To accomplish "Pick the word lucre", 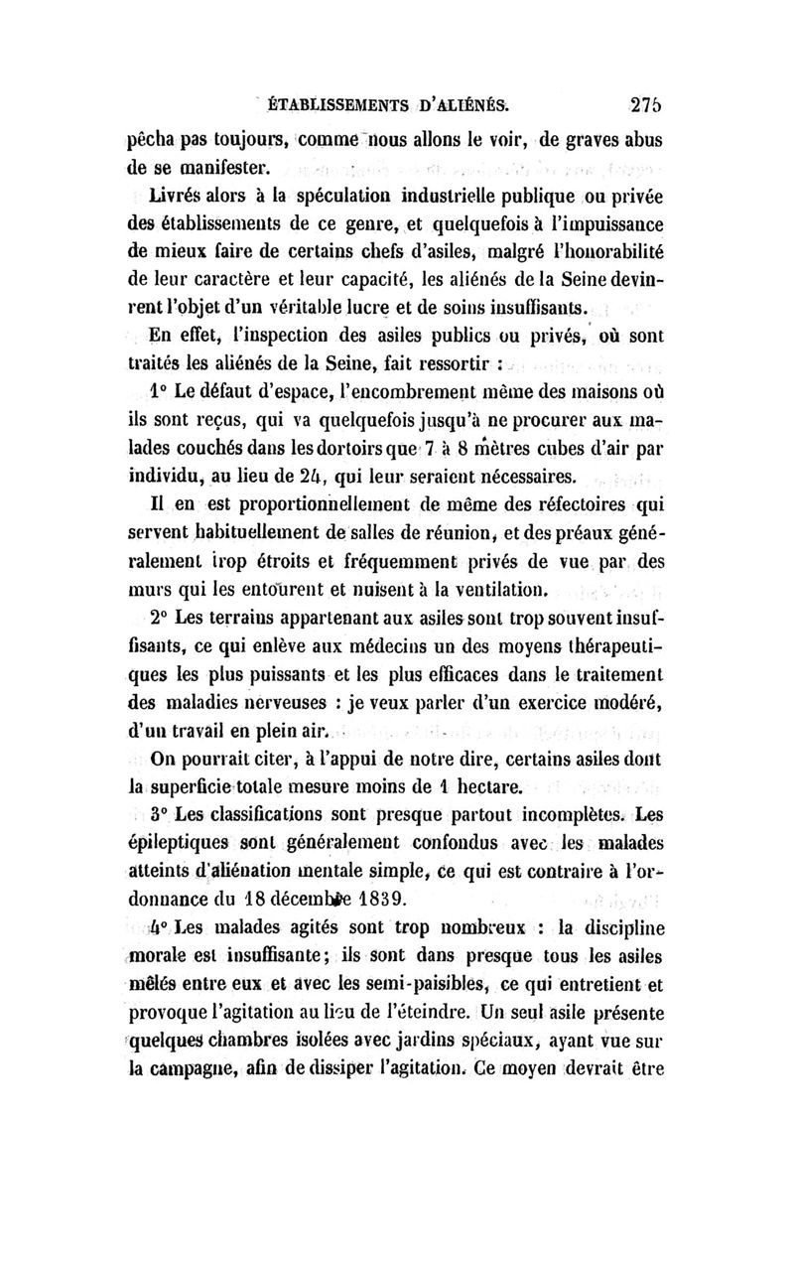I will click(x=348, y=305).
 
